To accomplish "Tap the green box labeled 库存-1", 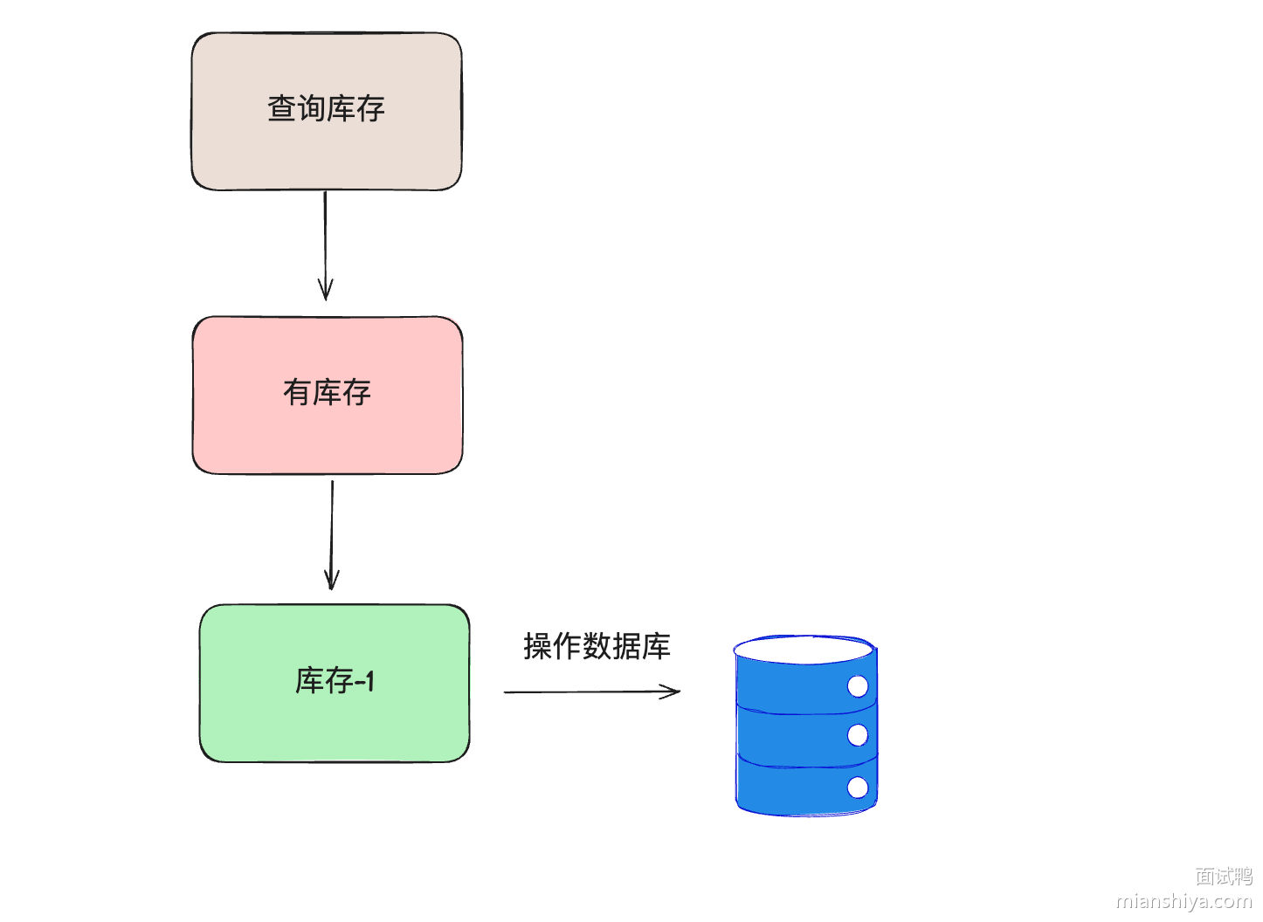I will point(334,725).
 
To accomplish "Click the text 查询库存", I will point(326,108).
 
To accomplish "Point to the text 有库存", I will point(327,392).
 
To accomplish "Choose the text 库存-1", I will point(335,681).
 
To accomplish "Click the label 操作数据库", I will point(597,646).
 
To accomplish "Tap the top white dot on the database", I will point(858,686).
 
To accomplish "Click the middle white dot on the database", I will point(858,735).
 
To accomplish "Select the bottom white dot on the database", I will point(858,788).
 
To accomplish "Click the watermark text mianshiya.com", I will point(1184,901).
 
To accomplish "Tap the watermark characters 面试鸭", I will point(1223,876).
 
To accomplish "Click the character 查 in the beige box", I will point(281,108).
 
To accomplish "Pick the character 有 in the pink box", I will point(297,392).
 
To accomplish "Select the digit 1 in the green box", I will point(369,681).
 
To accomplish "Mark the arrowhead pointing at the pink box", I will point(326,292).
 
